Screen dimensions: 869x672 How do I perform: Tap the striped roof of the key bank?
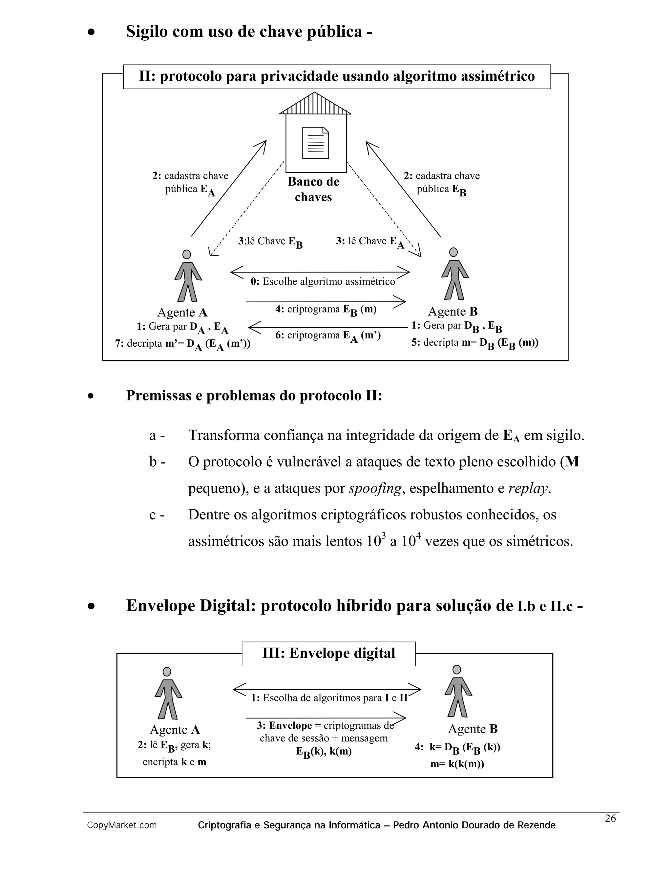pyautogui.click(x=315, y=105)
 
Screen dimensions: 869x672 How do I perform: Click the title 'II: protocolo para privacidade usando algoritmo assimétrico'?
pyautogui.click(x=337, y=76)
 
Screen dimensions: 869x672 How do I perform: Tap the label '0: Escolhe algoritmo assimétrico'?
pyautogui.click(x=323, y=282)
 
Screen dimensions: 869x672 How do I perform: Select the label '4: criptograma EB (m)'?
pyautogui.click(x=325, y=310)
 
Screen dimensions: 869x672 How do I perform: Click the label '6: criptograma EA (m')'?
pyautogui.click(x=328, y=336)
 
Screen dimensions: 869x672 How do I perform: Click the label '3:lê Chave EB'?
pyautogui.click(x=270, y=242)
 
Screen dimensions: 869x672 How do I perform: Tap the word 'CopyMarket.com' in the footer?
pyautogui.click(x=122, y=825)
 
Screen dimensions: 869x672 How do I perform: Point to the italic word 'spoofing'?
pyautogui.click(x=375, y=488)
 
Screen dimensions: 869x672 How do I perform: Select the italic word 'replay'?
pyautogui.click(x=528, y=488)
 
